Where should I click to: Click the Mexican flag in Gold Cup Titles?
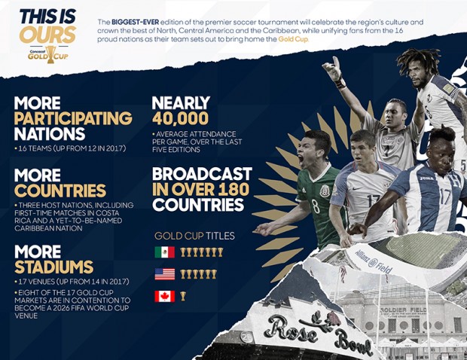[165, 252]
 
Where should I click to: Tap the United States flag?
[165, 274]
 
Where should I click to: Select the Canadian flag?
[165, 296]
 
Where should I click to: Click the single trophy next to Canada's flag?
[183, 296]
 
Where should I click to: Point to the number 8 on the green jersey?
[316, 206]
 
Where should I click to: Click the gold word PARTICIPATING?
[73, 118]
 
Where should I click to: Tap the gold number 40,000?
[181, 118]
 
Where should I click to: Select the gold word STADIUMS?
[54, 267]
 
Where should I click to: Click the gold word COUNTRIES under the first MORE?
[60, 191]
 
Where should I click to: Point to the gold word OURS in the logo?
[47, 34]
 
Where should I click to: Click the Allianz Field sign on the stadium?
[374, 262]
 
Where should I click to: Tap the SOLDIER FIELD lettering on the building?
[404, 310]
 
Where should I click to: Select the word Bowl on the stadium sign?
[354, 343]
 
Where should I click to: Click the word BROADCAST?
[202, 174]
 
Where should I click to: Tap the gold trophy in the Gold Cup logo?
[50, 54]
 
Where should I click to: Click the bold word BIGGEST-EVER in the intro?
[136, 22]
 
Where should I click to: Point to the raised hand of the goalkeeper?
[333, 68]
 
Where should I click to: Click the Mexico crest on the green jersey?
[325, 191]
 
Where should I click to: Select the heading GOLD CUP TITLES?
[194, 236]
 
